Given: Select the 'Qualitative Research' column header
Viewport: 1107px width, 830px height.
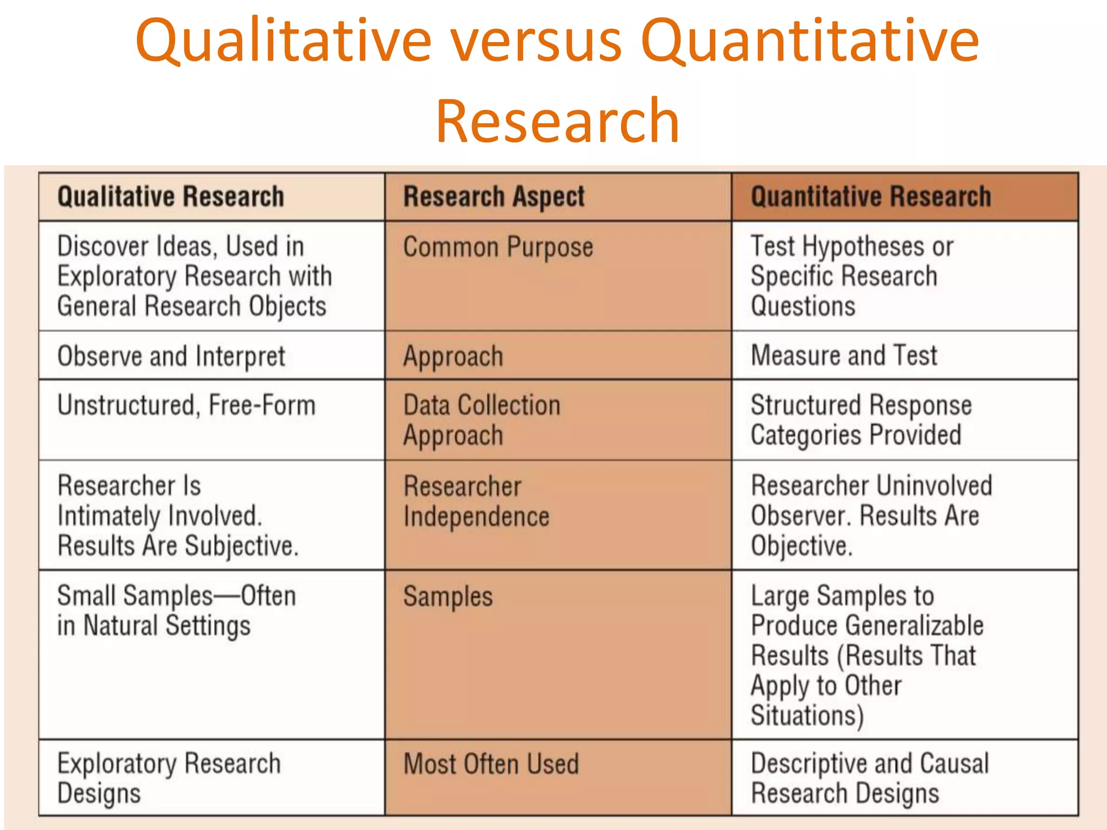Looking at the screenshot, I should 170,197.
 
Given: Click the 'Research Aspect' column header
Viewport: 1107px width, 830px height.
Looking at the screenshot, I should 494,197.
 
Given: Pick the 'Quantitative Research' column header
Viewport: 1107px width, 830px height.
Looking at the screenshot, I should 871,197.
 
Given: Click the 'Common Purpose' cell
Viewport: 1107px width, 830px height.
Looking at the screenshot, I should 498,247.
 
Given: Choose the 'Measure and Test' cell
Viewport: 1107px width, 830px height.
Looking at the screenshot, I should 844,356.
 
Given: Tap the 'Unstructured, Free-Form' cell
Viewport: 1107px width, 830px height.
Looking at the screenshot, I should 186,405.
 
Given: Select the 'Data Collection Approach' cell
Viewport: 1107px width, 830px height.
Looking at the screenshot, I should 482,420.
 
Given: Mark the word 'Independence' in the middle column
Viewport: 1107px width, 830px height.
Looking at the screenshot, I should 476,517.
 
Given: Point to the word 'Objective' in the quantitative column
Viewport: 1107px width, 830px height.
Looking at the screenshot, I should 801,546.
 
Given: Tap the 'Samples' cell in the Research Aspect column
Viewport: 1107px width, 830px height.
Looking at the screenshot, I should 448,597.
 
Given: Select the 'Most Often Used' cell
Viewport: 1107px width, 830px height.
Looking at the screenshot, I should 491,764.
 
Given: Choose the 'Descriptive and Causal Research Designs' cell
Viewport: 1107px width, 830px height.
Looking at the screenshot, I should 870,779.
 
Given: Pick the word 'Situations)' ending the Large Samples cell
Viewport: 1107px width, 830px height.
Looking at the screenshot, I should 807,715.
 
